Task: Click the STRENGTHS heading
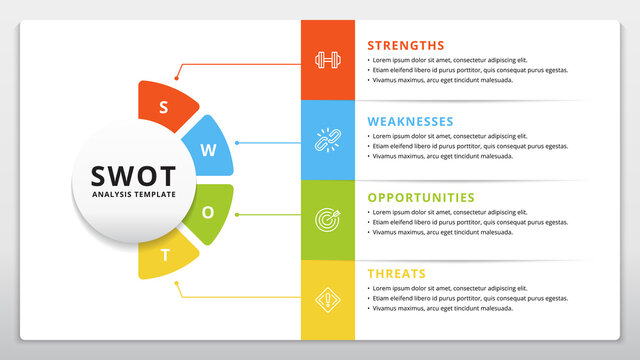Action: pyautogui.click(x=405, y=45)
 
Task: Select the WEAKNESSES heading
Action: pyautogui.click(x=410, y=121)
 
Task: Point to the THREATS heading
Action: pyautogui.click(x=396, y=274)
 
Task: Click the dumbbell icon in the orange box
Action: pyautogui.click(x=327, y=60)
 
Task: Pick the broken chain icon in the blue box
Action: pyautogui.click(x=327, y=139)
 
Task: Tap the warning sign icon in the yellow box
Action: pyautogui.click(x=327, y=298)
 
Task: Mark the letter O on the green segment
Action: pyautogui.click(x=208, y=213)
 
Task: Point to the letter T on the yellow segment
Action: pyautogui.click(x=166, y=254)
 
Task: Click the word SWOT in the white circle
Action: pyautogui.click(x=133, y=174)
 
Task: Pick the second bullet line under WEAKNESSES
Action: pyautogui.click(x=470, y=146)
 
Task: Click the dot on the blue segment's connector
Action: pyautogui.click(x=236, y=142)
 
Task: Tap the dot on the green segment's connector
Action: pyautogui.click(x=237, y=213)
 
